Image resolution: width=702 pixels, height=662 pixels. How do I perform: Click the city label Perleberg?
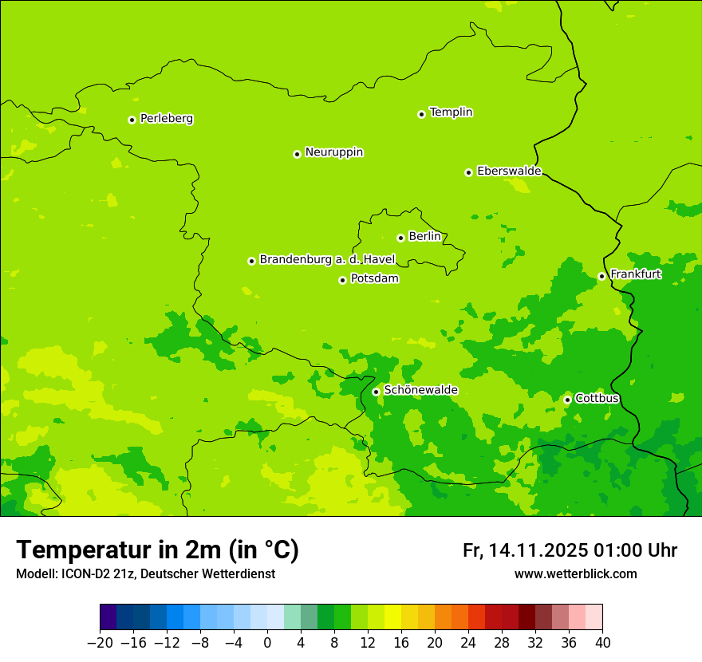(166, 119)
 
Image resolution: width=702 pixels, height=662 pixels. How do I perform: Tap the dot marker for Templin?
(421, 114)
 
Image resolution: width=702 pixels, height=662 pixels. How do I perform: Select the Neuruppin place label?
(333, 152)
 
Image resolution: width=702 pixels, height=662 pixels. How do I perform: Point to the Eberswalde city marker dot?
(468, 172)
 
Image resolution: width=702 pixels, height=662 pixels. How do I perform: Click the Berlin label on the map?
(424, 237)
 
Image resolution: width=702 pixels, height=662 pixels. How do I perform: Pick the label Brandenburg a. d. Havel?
(327, 260)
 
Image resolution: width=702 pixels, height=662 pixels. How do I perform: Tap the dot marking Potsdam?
(342, 280)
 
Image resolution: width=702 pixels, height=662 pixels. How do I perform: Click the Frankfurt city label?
(635, 275)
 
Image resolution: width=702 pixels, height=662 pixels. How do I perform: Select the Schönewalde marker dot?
(376, 392)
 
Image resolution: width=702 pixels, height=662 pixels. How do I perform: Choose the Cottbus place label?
(597, 399)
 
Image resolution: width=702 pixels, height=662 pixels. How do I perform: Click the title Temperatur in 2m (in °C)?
(157, 550)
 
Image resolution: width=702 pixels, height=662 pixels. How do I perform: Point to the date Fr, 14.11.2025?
(525, 550)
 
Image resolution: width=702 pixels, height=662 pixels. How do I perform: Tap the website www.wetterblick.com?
(575, 573)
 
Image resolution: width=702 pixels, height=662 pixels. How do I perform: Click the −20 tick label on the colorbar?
(100, 643)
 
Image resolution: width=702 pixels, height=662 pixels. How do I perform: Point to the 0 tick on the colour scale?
(267, 643)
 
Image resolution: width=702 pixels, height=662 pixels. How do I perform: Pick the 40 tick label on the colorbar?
(602, 643)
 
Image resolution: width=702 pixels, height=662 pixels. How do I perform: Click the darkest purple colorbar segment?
(108, 617)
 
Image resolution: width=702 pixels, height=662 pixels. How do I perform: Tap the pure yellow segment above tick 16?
(392, 617)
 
